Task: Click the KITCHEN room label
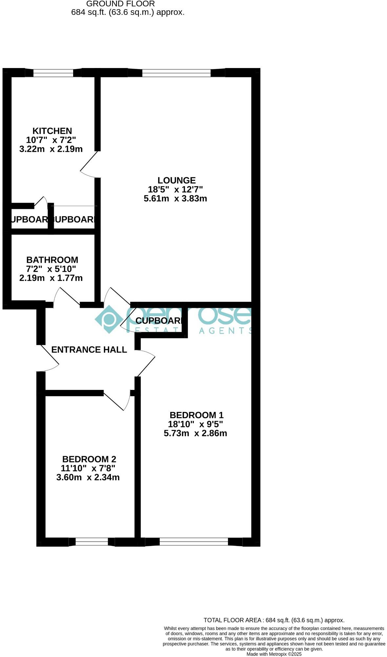point(52,131)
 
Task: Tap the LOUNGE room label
point(176,180)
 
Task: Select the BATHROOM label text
point(52,260)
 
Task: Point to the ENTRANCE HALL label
point(89,350)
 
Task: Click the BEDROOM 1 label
point(196,415)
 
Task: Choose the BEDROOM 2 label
point(89,459)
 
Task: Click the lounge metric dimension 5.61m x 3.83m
point(175,198)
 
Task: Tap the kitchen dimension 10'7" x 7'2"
point(51,140)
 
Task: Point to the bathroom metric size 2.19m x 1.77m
point(51,278)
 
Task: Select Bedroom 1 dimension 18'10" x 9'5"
point(195,424)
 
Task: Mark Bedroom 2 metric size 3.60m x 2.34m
point(88,477)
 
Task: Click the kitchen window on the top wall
point(53,73)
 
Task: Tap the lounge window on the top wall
point(176,73)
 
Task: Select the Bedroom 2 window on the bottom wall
point(92,542)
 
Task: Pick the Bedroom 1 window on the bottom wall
point(193,542)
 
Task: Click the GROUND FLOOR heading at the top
point(120,4)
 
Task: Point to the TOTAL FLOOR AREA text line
point(274,620)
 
